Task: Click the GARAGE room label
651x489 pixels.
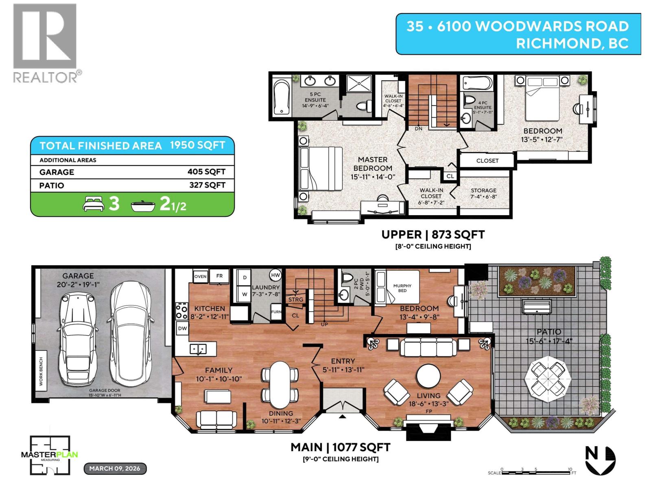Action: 78,276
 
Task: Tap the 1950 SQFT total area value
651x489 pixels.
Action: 197,145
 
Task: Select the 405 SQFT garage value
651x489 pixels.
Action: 206,172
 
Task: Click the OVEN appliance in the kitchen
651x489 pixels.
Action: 200,276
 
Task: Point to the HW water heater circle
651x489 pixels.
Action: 275,275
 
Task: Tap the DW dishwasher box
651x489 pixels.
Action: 182,328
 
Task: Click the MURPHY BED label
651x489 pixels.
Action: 402,288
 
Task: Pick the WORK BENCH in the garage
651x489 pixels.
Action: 42,371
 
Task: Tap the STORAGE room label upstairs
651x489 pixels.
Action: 483,190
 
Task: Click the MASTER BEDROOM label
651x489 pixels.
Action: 372,164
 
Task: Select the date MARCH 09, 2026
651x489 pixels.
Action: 115,468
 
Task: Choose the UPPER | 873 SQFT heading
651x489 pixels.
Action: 433,234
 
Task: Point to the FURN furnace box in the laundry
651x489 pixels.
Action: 276,312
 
